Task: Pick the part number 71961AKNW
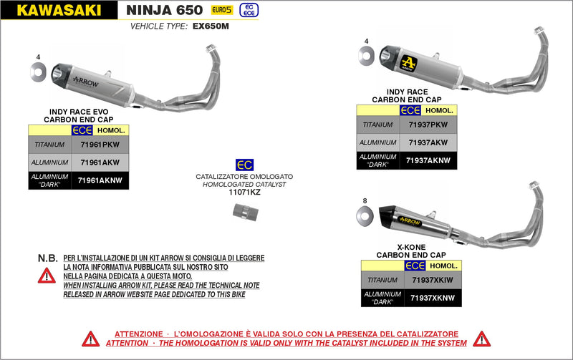pos(100,181)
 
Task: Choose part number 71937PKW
pos(428,125)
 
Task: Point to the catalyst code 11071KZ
pos(244,193)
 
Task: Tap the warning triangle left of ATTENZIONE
pos(90,338)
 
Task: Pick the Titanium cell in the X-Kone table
pos(381,280)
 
